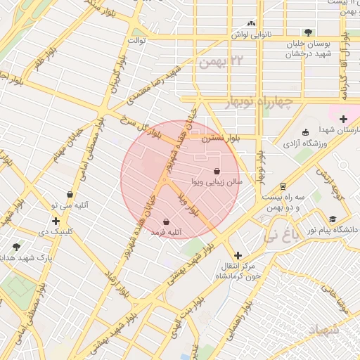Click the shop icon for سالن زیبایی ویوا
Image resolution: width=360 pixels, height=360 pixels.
point(217,171)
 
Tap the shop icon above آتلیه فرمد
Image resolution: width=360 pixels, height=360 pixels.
point(165,221)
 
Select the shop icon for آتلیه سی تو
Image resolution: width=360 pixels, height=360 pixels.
point(70,195)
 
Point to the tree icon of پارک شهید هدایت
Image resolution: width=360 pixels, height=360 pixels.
point(16,247)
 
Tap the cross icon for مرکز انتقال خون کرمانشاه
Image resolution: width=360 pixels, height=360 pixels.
point(238,255)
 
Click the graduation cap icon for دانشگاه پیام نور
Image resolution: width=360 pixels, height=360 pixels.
point(332,219)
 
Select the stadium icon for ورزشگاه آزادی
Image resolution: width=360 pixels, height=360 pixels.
point(304,133)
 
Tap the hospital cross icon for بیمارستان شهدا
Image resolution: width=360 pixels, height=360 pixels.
point(343,119)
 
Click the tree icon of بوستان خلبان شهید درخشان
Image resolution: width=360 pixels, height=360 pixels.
point(308,32)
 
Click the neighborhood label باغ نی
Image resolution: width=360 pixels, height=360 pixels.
point(278,238)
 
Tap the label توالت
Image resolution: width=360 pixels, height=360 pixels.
point(136,41)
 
